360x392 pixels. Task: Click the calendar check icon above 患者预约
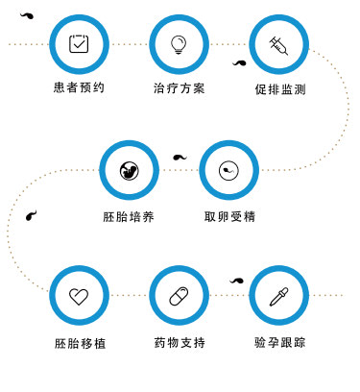click(x=80, y=43)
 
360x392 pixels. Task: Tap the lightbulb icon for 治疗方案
click(x=178, y=43)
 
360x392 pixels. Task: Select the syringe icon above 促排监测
click(x=277, y=44)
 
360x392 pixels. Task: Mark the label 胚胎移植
click(x=80, y=343)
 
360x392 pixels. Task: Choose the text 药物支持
click(x=179, y=343)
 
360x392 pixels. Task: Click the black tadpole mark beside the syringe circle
click(x=239, y=63)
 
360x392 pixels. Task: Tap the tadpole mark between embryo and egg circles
click(x=180, y=157)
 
